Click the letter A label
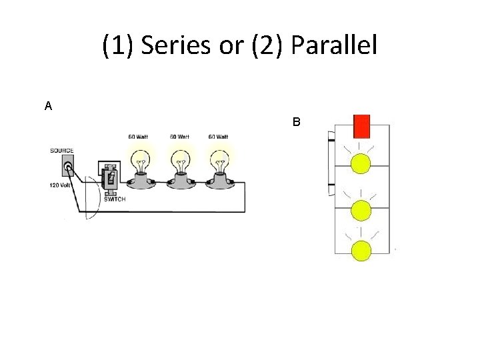48,106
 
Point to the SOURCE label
61,151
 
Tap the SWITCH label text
114,199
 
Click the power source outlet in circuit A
68,167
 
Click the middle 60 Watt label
178,137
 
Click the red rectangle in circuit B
362,125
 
